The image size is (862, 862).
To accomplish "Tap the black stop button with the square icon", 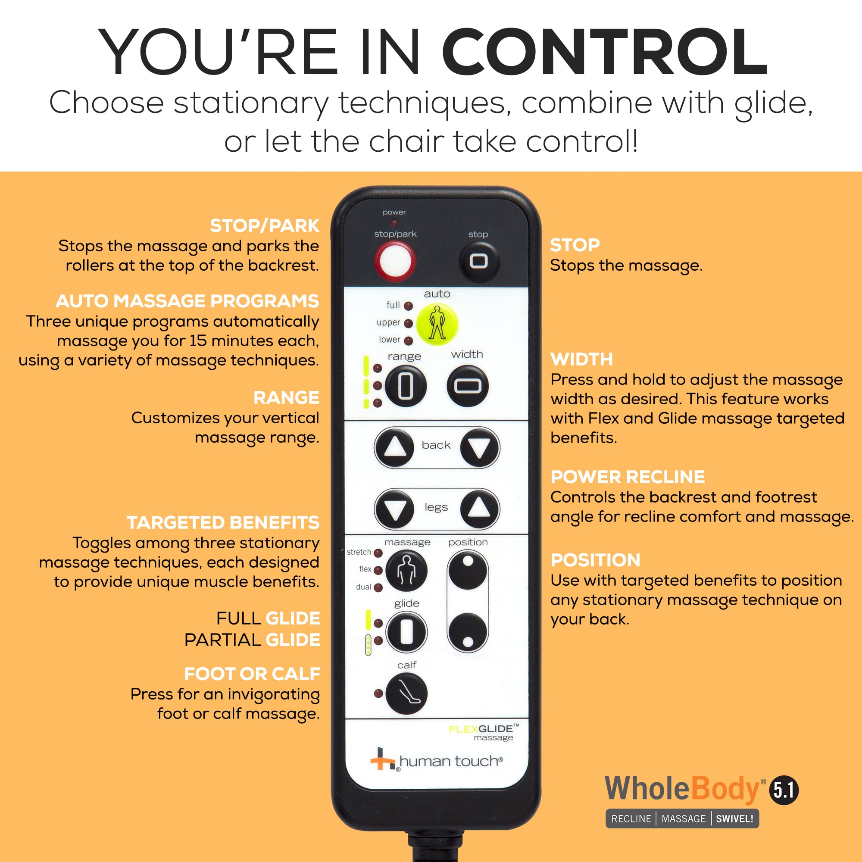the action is pyautogui.click(x=479, y=261).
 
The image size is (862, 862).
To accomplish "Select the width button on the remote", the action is pyautogui.click(x=468, y=386).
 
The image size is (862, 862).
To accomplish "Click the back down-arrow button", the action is pyautogui.click(x=479, y=447).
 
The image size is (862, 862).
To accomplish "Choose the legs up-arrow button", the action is pyautogui.click(x=479, y=508).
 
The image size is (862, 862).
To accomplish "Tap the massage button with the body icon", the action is pyautogui.click(x=406, y=571).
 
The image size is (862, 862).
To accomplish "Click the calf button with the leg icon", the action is pyautogui.click(x=406, y=693).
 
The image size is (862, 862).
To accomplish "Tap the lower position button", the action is pyautogui.click(x=468, y=633).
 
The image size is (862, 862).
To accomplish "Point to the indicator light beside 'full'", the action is pyautogui.click(x=408, y=306).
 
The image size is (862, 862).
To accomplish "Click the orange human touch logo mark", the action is pyautogui.click(x=382, y=759).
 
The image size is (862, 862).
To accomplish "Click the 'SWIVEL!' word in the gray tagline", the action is pyautogui.click(x=734, y=819).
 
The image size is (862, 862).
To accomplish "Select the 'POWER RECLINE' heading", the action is pyautogui.click(x=627, y=477).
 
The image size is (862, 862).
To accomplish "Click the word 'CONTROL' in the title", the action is pyautogui.click(x=605, y=52).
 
